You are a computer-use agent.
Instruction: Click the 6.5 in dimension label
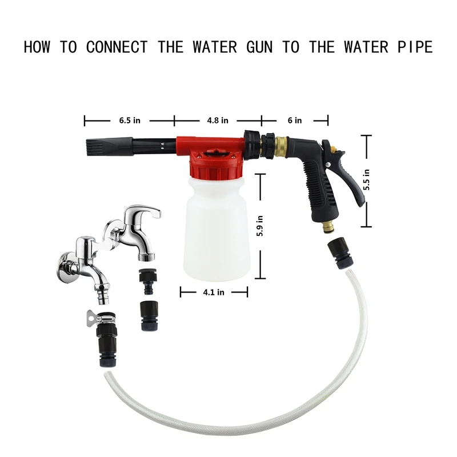click(129, 121)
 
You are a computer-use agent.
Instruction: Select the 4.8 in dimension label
click(217, 121)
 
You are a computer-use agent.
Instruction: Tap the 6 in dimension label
click(295, 121)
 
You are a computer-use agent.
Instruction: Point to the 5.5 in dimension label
click(367, 180)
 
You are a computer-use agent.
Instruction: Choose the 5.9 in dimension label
click(260, 227)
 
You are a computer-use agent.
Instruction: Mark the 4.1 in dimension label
click(214, 292)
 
